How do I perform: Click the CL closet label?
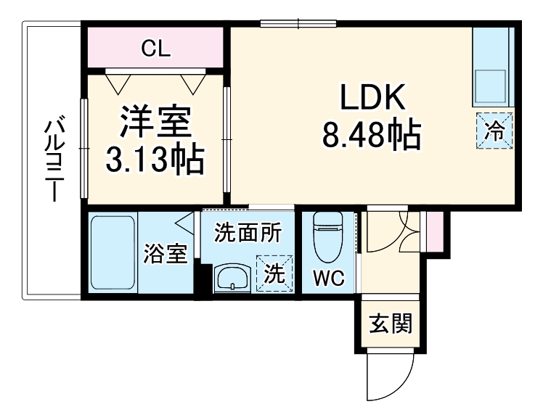155,49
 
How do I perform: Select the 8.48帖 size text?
372,136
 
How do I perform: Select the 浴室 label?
166,255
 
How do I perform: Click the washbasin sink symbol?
232,277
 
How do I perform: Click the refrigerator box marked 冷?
495,132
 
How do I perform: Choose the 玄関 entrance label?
390,323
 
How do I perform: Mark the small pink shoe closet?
434,230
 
